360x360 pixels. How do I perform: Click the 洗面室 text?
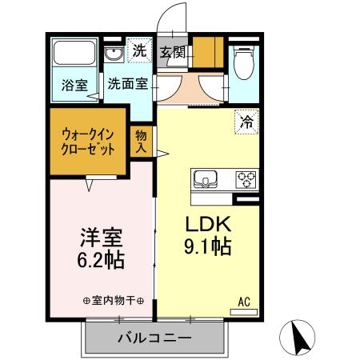pos(128,83)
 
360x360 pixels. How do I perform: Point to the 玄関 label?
pos(172,53)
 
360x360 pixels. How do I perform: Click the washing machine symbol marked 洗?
pos(140,50)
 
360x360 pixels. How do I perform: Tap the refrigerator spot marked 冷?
pos(246,123)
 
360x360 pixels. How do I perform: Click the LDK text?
pos(209,223)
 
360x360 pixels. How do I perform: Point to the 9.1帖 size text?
pos(209,246)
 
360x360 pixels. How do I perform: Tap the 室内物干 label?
pos(113,301)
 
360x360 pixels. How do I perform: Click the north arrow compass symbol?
pos(300,338)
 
